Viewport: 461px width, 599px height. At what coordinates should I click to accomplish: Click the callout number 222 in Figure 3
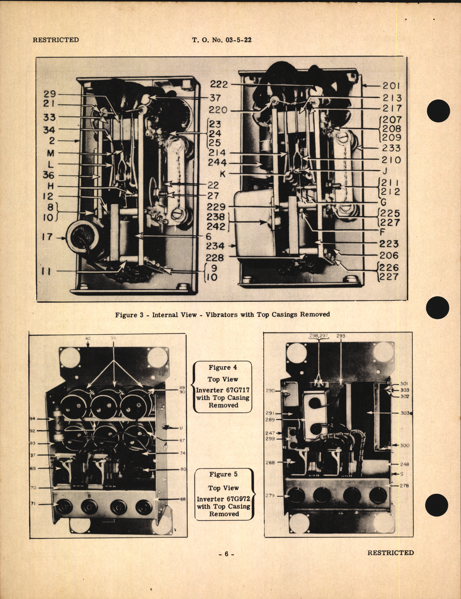[219, 85]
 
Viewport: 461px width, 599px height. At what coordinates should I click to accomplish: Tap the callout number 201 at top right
[391, 86]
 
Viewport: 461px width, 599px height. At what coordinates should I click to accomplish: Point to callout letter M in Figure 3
[51, 153]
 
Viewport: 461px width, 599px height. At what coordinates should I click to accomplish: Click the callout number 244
[217, 163]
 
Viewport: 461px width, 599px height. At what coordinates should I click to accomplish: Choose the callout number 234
[215, 246]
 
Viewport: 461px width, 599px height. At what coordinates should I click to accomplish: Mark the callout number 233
[391, 148]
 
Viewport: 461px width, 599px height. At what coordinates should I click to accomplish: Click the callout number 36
[49, 175]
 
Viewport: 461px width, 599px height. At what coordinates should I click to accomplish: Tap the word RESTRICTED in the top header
[56, 40]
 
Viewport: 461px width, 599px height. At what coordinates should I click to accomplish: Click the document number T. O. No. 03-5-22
[222, 40]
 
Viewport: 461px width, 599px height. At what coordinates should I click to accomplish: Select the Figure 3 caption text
[222, 315]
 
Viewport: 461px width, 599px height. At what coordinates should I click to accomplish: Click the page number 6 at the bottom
[226, 555]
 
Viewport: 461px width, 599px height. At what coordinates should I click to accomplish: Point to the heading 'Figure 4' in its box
[223, 368]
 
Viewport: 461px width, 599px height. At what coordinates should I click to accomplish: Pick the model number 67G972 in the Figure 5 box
[238, 499]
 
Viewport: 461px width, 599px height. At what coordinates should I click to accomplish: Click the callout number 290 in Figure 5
[270, 391]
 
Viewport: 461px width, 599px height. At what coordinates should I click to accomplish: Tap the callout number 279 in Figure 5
[270, 496]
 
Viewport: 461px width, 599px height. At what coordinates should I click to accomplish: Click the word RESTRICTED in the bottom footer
[390, 553]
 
